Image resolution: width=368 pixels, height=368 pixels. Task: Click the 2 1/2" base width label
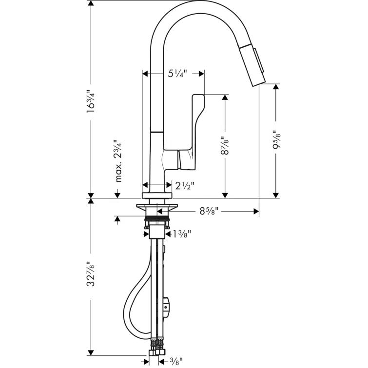pyautogui.click(x=185, y=185)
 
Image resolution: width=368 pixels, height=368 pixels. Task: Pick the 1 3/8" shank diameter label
pyautogui.click(x=181, y=234)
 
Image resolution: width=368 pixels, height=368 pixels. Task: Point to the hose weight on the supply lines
pyautogui.click(x=167, y=305)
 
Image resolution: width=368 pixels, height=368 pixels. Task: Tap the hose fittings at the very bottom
pyautogui.click(x=157, y=350)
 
